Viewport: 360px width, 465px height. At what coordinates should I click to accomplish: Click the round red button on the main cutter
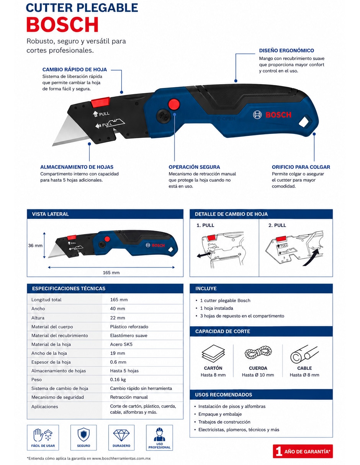pos(173,104)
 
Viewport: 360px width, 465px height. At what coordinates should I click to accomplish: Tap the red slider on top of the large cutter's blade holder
pos(101,102)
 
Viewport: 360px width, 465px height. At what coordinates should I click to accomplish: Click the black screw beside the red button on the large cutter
pos(163,116)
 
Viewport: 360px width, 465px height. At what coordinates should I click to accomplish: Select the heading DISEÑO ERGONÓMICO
pos(286,51)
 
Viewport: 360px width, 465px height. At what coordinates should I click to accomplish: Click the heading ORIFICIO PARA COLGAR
pos(301,167)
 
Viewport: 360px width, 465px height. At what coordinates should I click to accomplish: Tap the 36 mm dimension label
pos(35,245)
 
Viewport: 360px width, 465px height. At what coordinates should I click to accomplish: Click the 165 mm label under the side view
pos(111,272)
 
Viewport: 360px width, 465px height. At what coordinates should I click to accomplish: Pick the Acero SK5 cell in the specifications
pos(121,344)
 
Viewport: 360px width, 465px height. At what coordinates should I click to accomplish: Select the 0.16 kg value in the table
pos(118,380)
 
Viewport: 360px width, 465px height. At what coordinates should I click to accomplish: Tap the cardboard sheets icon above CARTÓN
pos(213,353)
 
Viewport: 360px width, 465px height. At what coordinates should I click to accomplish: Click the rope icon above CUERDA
pos(258,352)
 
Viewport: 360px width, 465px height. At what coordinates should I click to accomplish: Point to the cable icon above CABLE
pos(304,354)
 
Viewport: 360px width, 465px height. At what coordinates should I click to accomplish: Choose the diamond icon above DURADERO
pos(121,435)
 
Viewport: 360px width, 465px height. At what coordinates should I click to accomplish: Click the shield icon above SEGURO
pos(83,435)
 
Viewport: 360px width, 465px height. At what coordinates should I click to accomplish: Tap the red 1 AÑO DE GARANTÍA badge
pos(303,451)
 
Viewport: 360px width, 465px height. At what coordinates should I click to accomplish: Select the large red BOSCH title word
pos(62,24)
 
